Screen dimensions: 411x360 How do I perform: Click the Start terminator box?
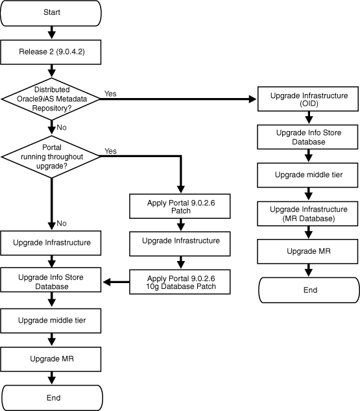tap(52, 12)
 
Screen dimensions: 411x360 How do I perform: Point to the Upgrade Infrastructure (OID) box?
tap(309, 99)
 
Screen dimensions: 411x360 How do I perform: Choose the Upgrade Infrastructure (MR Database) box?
tap(309, 214)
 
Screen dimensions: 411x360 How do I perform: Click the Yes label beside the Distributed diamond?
tap(110, 93)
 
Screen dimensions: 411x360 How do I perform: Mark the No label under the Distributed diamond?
tap(62, 127)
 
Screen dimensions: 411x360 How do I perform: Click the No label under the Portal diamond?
tap(62, 223)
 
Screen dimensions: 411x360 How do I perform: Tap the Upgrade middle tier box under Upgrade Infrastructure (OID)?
tap(309, 175)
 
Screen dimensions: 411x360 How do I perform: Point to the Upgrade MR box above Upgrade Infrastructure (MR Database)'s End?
tap(309, 251)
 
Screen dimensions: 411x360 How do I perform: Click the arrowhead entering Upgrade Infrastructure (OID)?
tap(253, 99)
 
